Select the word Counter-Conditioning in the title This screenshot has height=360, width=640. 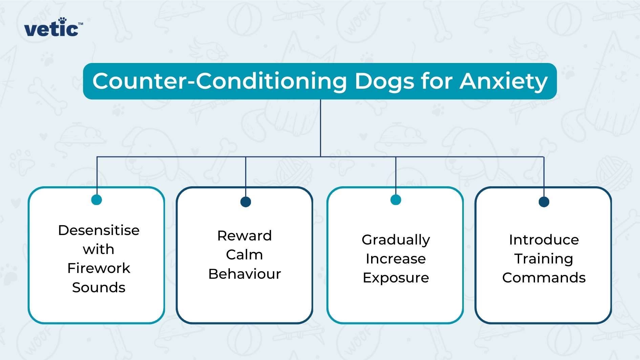click(220, 82)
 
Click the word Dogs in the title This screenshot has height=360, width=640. click(384, 82)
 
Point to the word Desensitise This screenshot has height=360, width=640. click(99, 230)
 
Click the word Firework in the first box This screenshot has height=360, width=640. click(99, 268)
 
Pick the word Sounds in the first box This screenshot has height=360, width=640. click(99, 288)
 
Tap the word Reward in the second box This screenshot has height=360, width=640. click(244, 236)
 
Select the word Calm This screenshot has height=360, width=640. click(244, 255)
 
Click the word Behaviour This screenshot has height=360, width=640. click(244, 274)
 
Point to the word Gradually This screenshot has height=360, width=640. click(396, 240)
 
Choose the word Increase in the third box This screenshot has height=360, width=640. click(396, 259)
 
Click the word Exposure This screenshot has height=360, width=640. click(396, 278)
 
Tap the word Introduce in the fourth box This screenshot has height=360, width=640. click(544, 240)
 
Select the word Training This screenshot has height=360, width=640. click(544, 259)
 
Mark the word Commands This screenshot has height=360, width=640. click(544, 278)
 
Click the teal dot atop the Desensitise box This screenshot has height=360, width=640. click(97, 200)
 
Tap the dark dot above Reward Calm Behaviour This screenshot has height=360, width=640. click(246, 202)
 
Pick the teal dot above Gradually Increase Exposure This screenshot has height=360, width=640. click(396, 200)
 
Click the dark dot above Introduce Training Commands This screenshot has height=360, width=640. click(544, 202)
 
